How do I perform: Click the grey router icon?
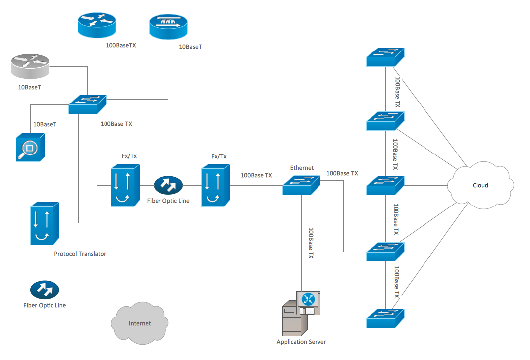coord(29,67)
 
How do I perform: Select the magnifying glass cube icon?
coord(30,147)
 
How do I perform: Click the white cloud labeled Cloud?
coord(479,185)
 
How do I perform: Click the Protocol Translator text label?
coord(80,254)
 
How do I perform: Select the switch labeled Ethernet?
coord(302,185)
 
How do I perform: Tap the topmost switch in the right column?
coord(385,57)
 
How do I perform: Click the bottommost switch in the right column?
coord(385,318)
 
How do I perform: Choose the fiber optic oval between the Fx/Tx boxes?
coord(168,186)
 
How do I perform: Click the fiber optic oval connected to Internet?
coord(45,289)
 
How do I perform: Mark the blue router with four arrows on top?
coord(96,24)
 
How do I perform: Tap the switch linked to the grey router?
coord(87,103)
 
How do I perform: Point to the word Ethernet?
coord(302,168)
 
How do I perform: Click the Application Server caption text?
coord(301,342)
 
